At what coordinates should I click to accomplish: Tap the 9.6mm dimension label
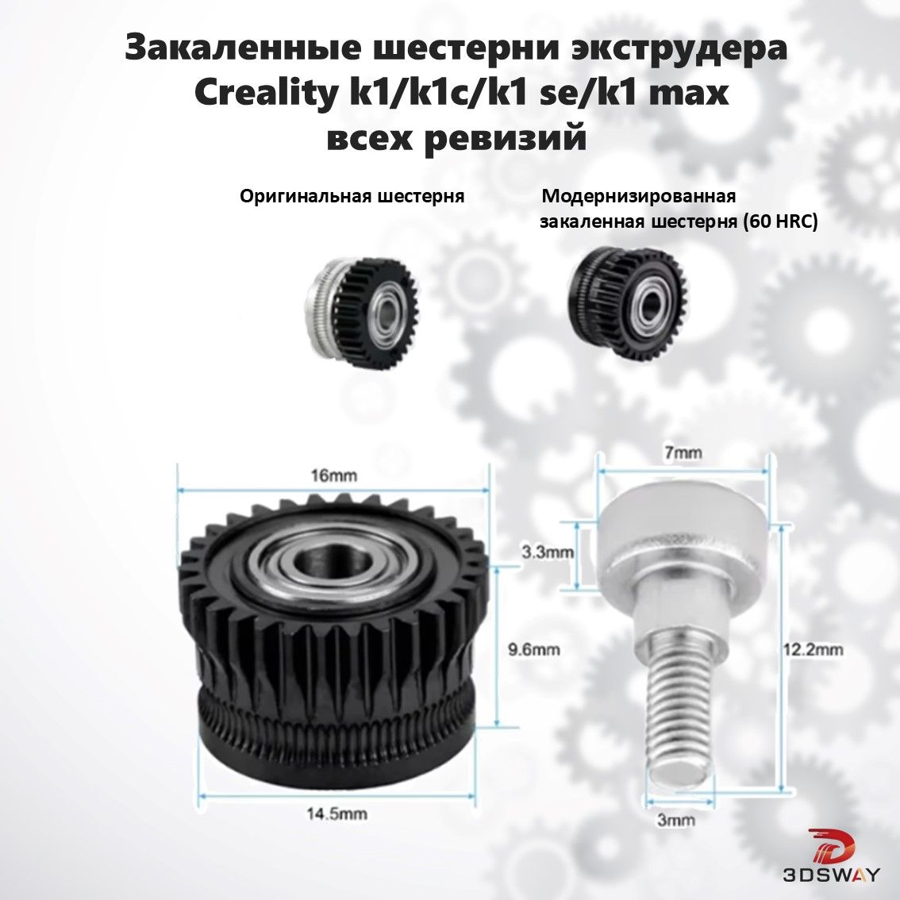click(x=534, y=650)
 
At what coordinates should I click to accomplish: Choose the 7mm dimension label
click(x=683, y=453)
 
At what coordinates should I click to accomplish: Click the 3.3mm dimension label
click(x=548, y=552)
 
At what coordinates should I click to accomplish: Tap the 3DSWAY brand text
click(x=831, y=876)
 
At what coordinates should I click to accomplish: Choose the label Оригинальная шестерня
click(x=352, y=197)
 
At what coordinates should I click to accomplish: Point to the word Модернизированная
click(x=639, y=197)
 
